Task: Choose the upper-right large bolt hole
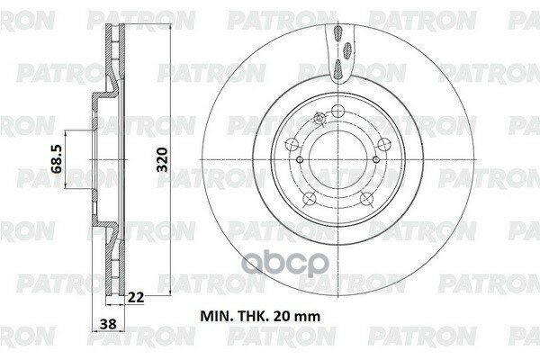[x=381, y=141]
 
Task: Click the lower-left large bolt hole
[x=308, y=200]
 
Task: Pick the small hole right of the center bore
[x=382, y=162]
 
